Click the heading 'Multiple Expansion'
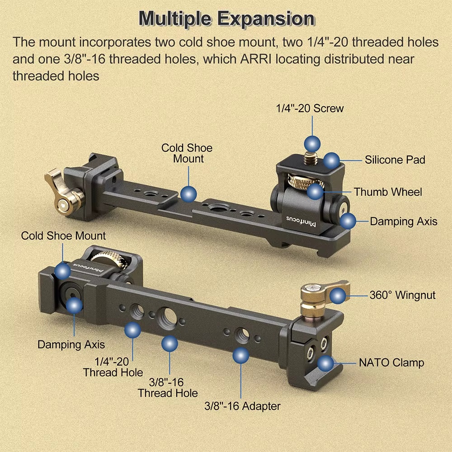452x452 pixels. coord(226,19)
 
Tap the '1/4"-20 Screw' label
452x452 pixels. coord(310,108)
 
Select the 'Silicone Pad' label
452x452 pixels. coord(395,160)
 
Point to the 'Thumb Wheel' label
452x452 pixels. coord(388,192)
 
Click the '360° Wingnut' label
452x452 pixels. coord(402,295)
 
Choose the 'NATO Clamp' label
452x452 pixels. coord(391,363)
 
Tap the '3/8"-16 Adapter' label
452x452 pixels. coord(242,406)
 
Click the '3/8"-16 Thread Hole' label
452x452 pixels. coord(168,388)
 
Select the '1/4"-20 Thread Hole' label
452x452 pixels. coord(113,367)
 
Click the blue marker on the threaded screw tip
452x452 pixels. coord(312,144)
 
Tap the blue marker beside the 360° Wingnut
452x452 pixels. coord(338,296)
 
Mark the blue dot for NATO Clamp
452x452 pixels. coord(326,363)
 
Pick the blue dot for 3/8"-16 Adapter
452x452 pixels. coord(241,355)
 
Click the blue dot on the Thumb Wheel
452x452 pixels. coord(315,191)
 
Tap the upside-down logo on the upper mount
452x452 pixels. coord(301,221)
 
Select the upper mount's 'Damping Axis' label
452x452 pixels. coord(404,221)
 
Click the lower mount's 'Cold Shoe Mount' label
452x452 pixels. coord(63,236)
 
